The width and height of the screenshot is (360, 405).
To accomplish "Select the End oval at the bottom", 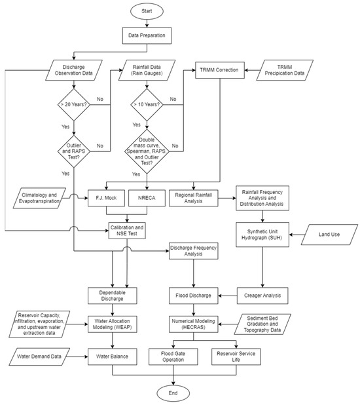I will click(x=173, y=393).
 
